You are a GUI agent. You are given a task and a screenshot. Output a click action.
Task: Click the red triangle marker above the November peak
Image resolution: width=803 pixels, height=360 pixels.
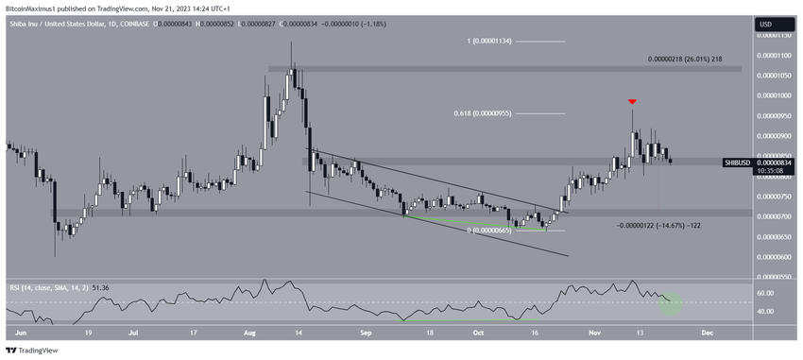pyautogui.click(x=632, y=100)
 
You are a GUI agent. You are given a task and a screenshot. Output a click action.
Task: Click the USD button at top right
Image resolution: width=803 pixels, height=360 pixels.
pyautogui.click(x=766, y=25)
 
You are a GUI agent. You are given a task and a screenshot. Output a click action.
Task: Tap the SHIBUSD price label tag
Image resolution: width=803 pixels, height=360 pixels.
pyautogui.click(x=737, y=163)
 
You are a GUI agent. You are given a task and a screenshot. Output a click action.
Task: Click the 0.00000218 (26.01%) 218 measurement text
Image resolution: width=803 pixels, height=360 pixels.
pyautogui.click(x=685, y=59)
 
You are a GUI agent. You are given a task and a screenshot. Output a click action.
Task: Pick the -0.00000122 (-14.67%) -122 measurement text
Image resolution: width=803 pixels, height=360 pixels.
pyautogui.click(x=658, y=226)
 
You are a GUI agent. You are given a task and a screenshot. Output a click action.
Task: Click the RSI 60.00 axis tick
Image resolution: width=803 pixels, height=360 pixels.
pyautogui.click(x=767, y=293)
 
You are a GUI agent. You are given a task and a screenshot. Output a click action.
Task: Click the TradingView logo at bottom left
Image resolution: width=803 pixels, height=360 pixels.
pyautogui.click(x=34, y=350)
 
